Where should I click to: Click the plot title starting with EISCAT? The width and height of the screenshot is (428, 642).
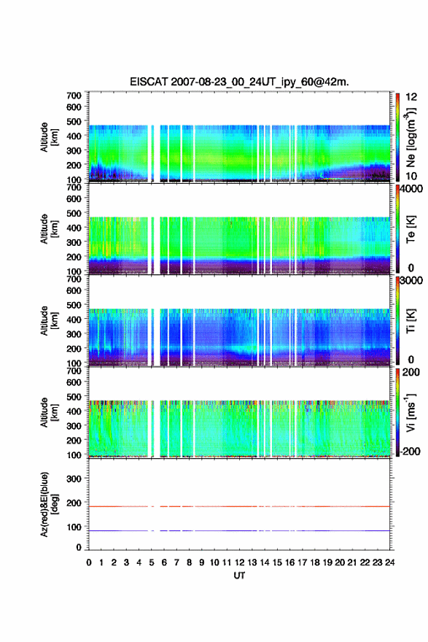pos(239,82)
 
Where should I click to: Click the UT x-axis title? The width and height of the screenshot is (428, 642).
pos(239,576)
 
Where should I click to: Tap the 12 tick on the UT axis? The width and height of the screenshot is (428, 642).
pos(239,562)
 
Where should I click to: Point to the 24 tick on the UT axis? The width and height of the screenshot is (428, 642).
pos(390,562)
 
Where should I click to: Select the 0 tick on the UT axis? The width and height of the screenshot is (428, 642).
pos(89,562)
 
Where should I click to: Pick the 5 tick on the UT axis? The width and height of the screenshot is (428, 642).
pos(152,562)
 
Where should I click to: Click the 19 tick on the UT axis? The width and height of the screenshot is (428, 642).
pos(327,562)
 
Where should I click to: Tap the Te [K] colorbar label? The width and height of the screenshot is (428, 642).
pos(411,230)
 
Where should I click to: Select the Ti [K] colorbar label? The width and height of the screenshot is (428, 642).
pos(411,321)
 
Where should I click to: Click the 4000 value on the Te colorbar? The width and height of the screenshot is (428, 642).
pos(411,189)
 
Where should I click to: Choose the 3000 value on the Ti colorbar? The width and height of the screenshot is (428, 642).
pos(411,280)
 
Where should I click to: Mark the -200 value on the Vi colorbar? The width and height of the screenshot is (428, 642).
pos(408,451)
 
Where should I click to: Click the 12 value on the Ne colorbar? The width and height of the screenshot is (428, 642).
pos(412,97)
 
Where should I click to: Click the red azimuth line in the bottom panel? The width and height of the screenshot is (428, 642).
pos(239,506)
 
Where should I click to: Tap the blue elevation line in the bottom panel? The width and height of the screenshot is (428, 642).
pos(239,530)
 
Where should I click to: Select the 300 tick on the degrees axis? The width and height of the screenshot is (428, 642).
pos(74,479)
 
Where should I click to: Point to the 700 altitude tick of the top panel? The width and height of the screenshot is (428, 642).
pos(74,96)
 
